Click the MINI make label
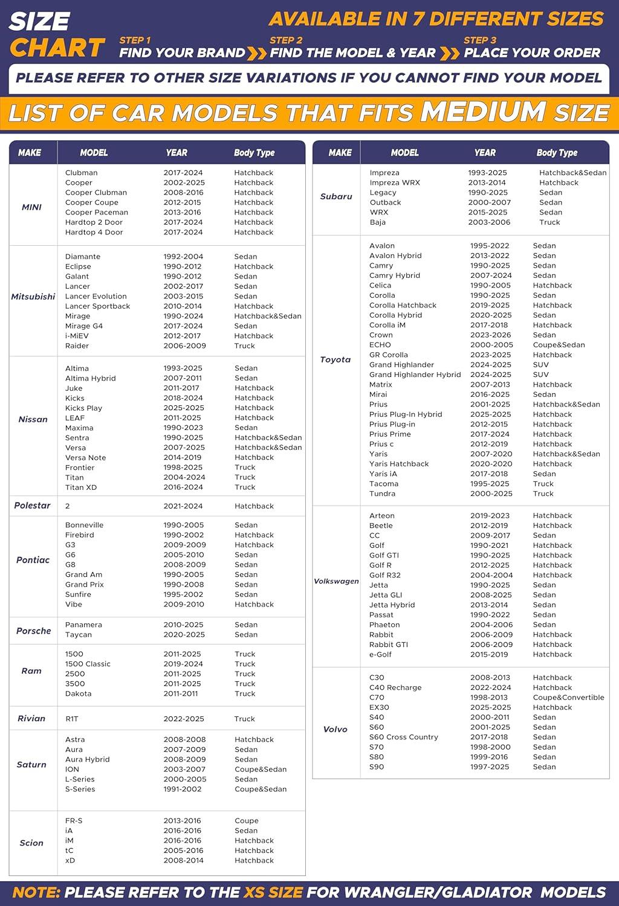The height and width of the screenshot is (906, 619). [x=31, y=207]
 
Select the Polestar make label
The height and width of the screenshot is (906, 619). [x=32, y=506]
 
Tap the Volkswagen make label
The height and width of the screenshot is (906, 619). [x=336, y=581]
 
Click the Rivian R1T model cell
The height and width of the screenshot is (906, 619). [x=72, y=719]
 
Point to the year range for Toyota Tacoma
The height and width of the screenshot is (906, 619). [x=490, y=484]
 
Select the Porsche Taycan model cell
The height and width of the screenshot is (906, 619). [x=79, y=635]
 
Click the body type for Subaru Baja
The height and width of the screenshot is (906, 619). [x=549, y=222]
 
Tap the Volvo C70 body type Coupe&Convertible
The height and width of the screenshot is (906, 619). [x=568, y=698]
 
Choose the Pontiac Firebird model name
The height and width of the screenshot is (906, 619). [x=80, y=535]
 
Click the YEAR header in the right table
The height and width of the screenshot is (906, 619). [x=485, y=153]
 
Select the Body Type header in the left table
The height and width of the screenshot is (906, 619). [x=254, y=153]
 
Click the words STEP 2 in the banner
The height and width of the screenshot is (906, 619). [x=286, y=40]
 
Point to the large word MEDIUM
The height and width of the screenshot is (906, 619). [x=484, y=112]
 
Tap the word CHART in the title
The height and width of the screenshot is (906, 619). [x=57, y=48]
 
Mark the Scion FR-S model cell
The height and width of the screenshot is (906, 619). [x=74, y=821]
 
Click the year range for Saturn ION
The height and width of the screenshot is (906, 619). [x=184, y=769]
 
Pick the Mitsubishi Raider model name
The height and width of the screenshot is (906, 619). [x=77, y=346]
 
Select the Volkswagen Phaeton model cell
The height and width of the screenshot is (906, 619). [x=384, y=625]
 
